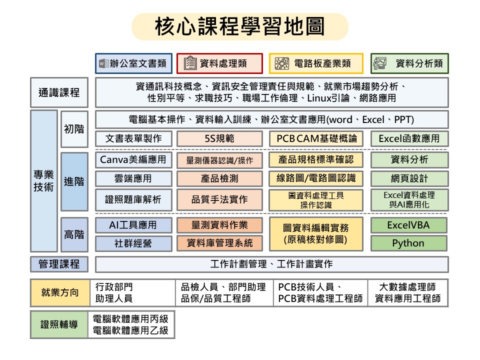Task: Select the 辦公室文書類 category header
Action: (x=134, y=63)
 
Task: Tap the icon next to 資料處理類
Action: (x=190, y=63)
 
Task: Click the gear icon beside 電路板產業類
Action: (x=282, y=63)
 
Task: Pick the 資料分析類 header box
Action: (x=409, y=63)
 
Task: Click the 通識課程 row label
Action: (x=59, y=92)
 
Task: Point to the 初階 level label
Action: (x=74, y=129)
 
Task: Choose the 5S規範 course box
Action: (x=219, y=138)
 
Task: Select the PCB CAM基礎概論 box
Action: (x=316, y=138)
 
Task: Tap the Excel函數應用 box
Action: (x=409, y=138)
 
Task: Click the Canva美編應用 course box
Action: (x=133, y=160)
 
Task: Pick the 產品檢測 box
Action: (x=219, y=178)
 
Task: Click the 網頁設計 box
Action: (x=409, y=178)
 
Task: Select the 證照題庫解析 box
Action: (x=133, y=200)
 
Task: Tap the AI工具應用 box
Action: (x=133, y=225)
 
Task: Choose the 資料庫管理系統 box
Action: (x=219, y=243)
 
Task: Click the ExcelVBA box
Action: (x=409, y=225)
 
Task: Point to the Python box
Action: (x=409, y=243)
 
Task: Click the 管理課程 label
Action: (x=59, y=264)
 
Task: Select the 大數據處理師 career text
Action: (x=407, y=287)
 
